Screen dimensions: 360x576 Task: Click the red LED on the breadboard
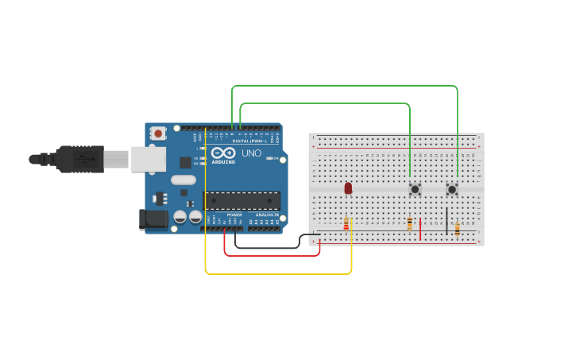click(x=348, y=188)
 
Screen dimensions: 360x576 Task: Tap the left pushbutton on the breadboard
click(x=415, y=189)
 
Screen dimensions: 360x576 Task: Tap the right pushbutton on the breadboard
click(x=452, y=189)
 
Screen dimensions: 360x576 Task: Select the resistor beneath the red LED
click(x=346, y=225)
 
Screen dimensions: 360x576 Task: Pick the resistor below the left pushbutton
click(x=410, y=224)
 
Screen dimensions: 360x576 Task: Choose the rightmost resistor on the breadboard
click(x=458, y=229)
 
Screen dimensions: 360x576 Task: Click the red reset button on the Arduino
click(x=158, y=134)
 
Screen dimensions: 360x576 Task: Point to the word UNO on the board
click(x=251, y=153)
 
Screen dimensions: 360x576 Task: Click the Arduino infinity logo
click(x=223, y=153)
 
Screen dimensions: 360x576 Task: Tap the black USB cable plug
click(x=79, y=159)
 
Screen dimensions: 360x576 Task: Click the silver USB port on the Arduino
click(x=148, y=159)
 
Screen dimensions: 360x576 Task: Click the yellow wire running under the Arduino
click(x=278, y=274)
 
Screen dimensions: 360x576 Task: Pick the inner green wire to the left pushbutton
click(x=326, y=103)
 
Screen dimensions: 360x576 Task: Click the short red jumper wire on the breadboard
click(x=420, y=229)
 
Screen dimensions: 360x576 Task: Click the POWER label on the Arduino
click(x=234, y=215)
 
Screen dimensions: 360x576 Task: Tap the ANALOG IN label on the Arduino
click(x=267, y=215)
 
